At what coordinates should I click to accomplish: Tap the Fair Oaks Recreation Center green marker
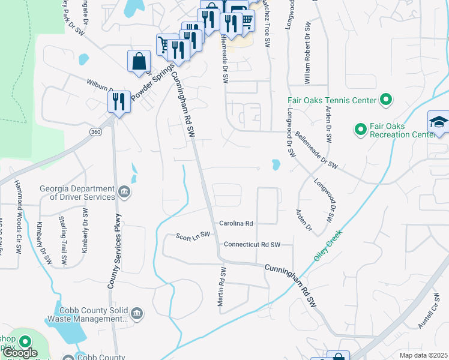(360, 129)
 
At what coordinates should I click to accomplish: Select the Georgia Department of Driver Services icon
(124, 192)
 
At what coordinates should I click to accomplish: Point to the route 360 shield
(95, 131)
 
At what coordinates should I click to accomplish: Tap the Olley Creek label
(327, 245)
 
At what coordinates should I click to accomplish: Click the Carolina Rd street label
(236, 223)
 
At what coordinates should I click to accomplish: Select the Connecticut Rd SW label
(252, 245)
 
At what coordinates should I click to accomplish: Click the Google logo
(20, 353)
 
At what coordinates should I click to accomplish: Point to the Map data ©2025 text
(423, 355)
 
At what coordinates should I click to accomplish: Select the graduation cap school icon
(438, 122)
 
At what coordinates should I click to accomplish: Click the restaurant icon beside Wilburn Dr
(119, 101)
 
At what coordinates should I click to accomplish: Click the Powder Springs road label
(145, 88)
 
